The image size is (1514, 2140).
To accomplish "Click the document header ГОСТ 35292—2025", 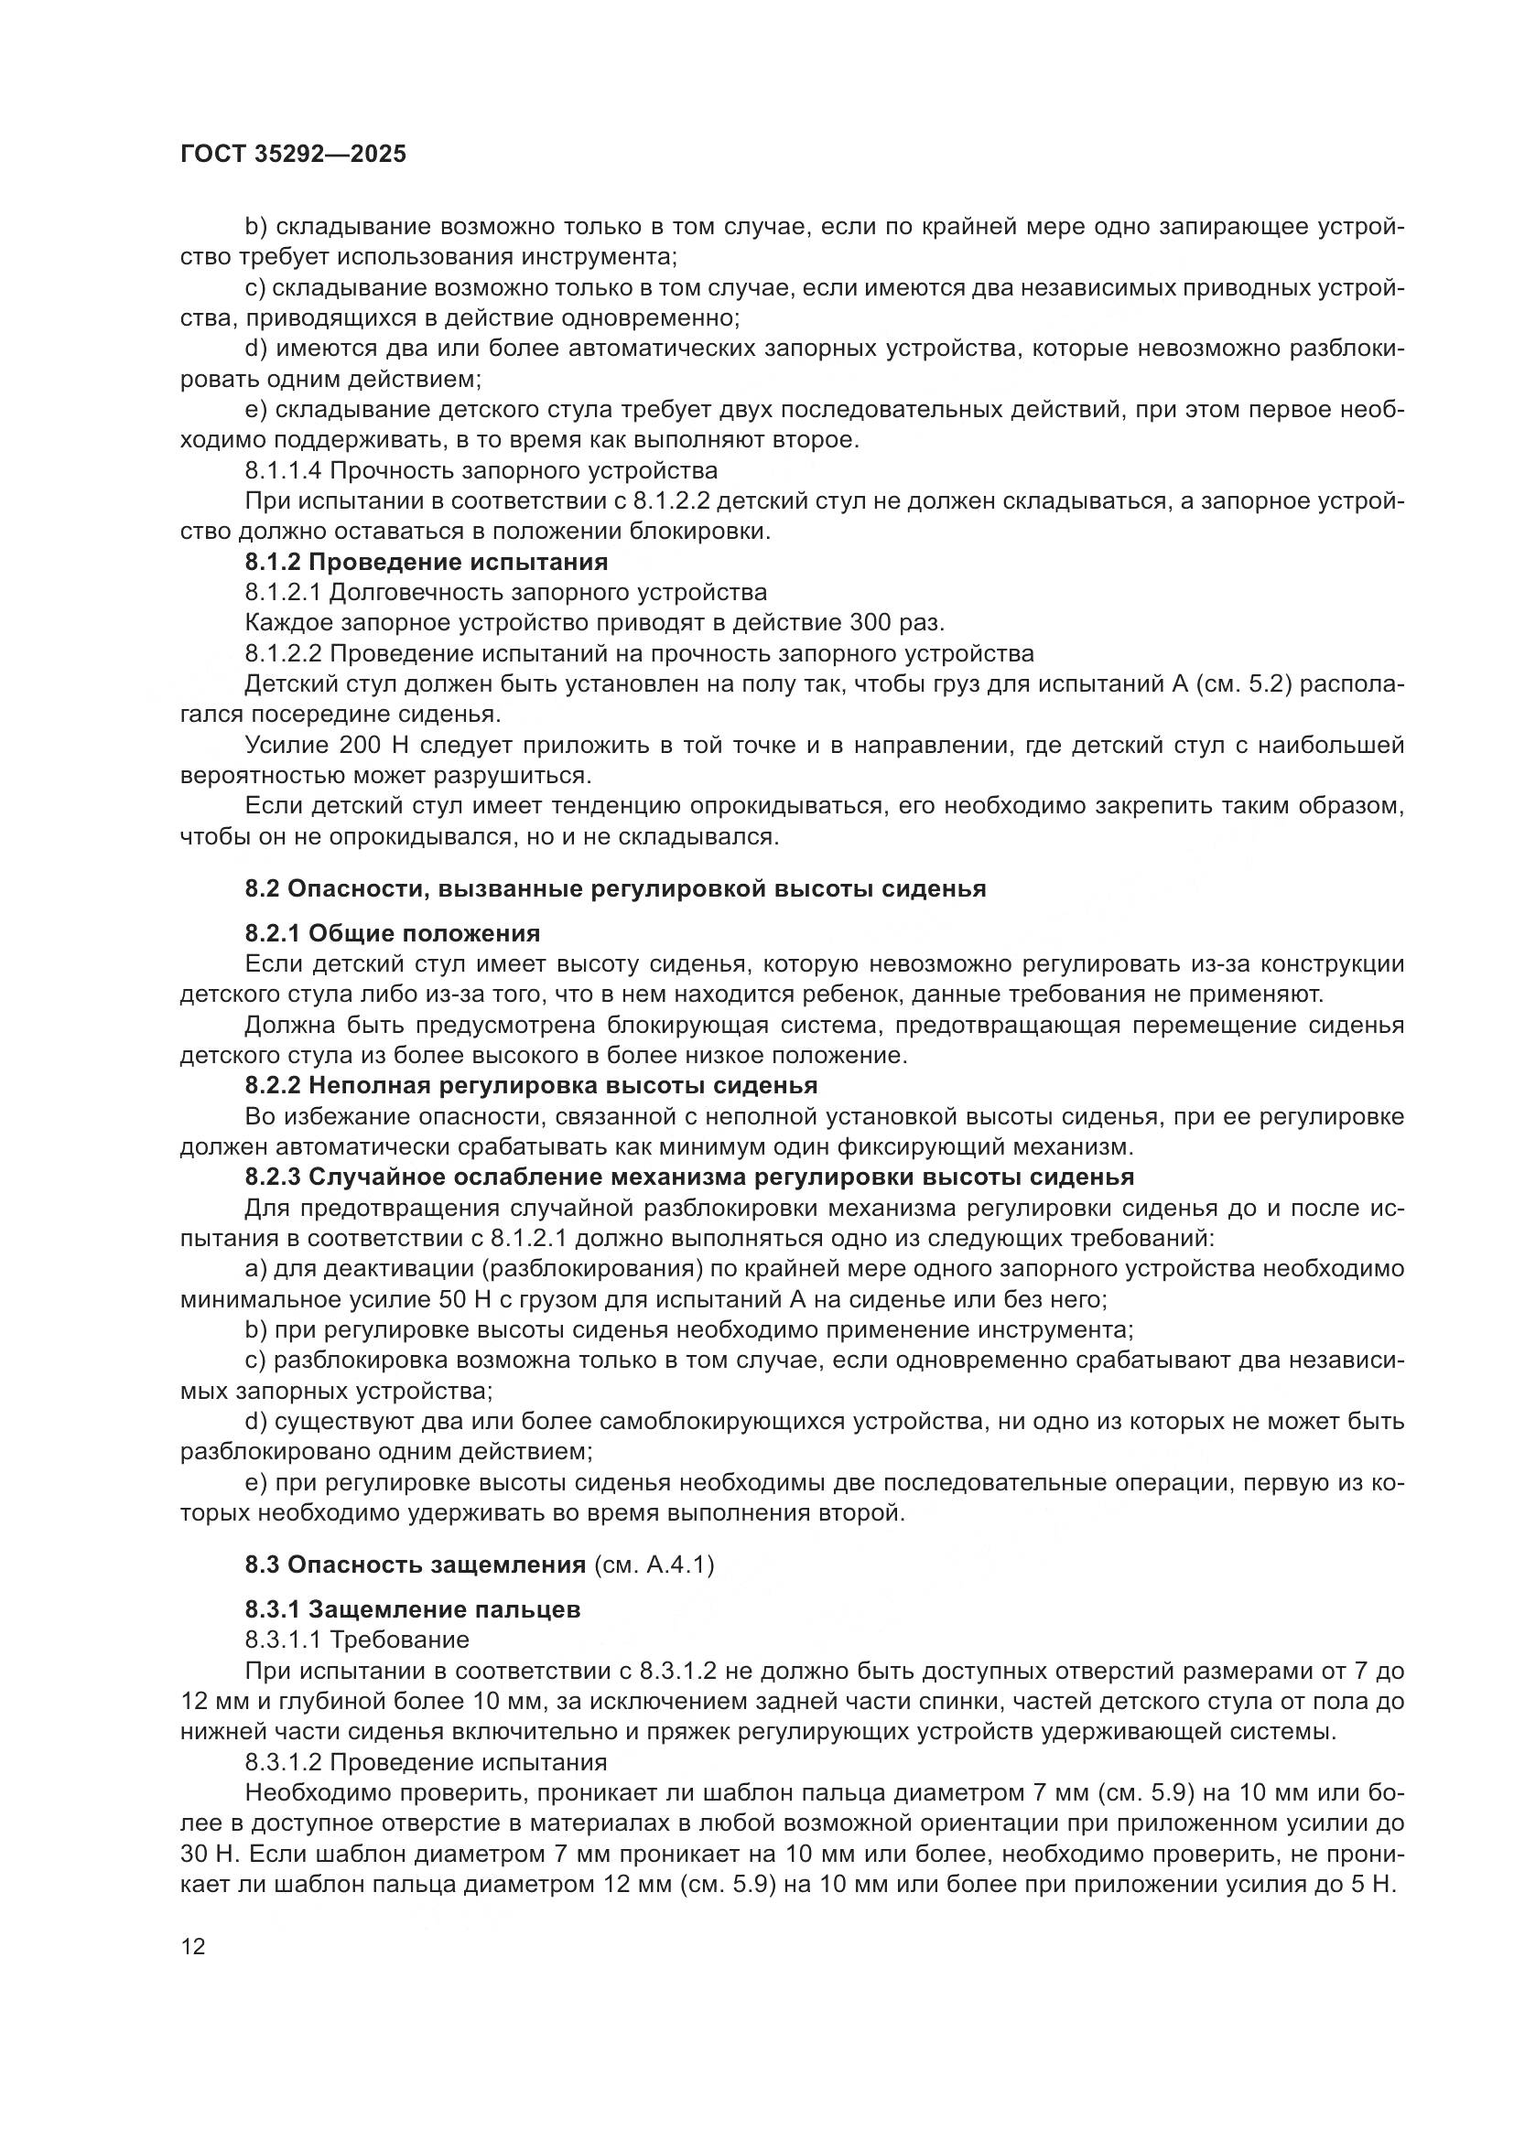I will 293,155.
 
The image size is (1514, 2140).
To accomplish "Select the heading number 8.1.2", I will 272,562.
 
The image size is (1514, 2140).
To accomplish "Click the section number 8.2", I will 262,888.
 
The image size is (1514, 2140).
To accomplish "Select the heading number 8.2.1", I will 272,933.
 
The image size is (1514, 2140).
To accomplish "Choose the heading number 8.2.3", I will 272,1177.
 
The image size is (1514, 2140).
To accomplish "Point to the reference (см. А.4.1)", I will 654,1564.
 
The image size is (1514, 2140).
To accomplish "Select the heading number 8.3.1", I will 272,1608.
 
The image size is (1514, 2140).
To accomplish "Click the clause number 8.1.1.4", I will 283,470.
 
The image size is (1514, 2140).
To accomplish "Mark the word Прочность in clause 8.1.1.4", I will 398,470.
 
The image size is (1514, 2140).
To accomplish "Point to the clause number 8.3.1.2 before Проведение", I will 283,1762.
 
